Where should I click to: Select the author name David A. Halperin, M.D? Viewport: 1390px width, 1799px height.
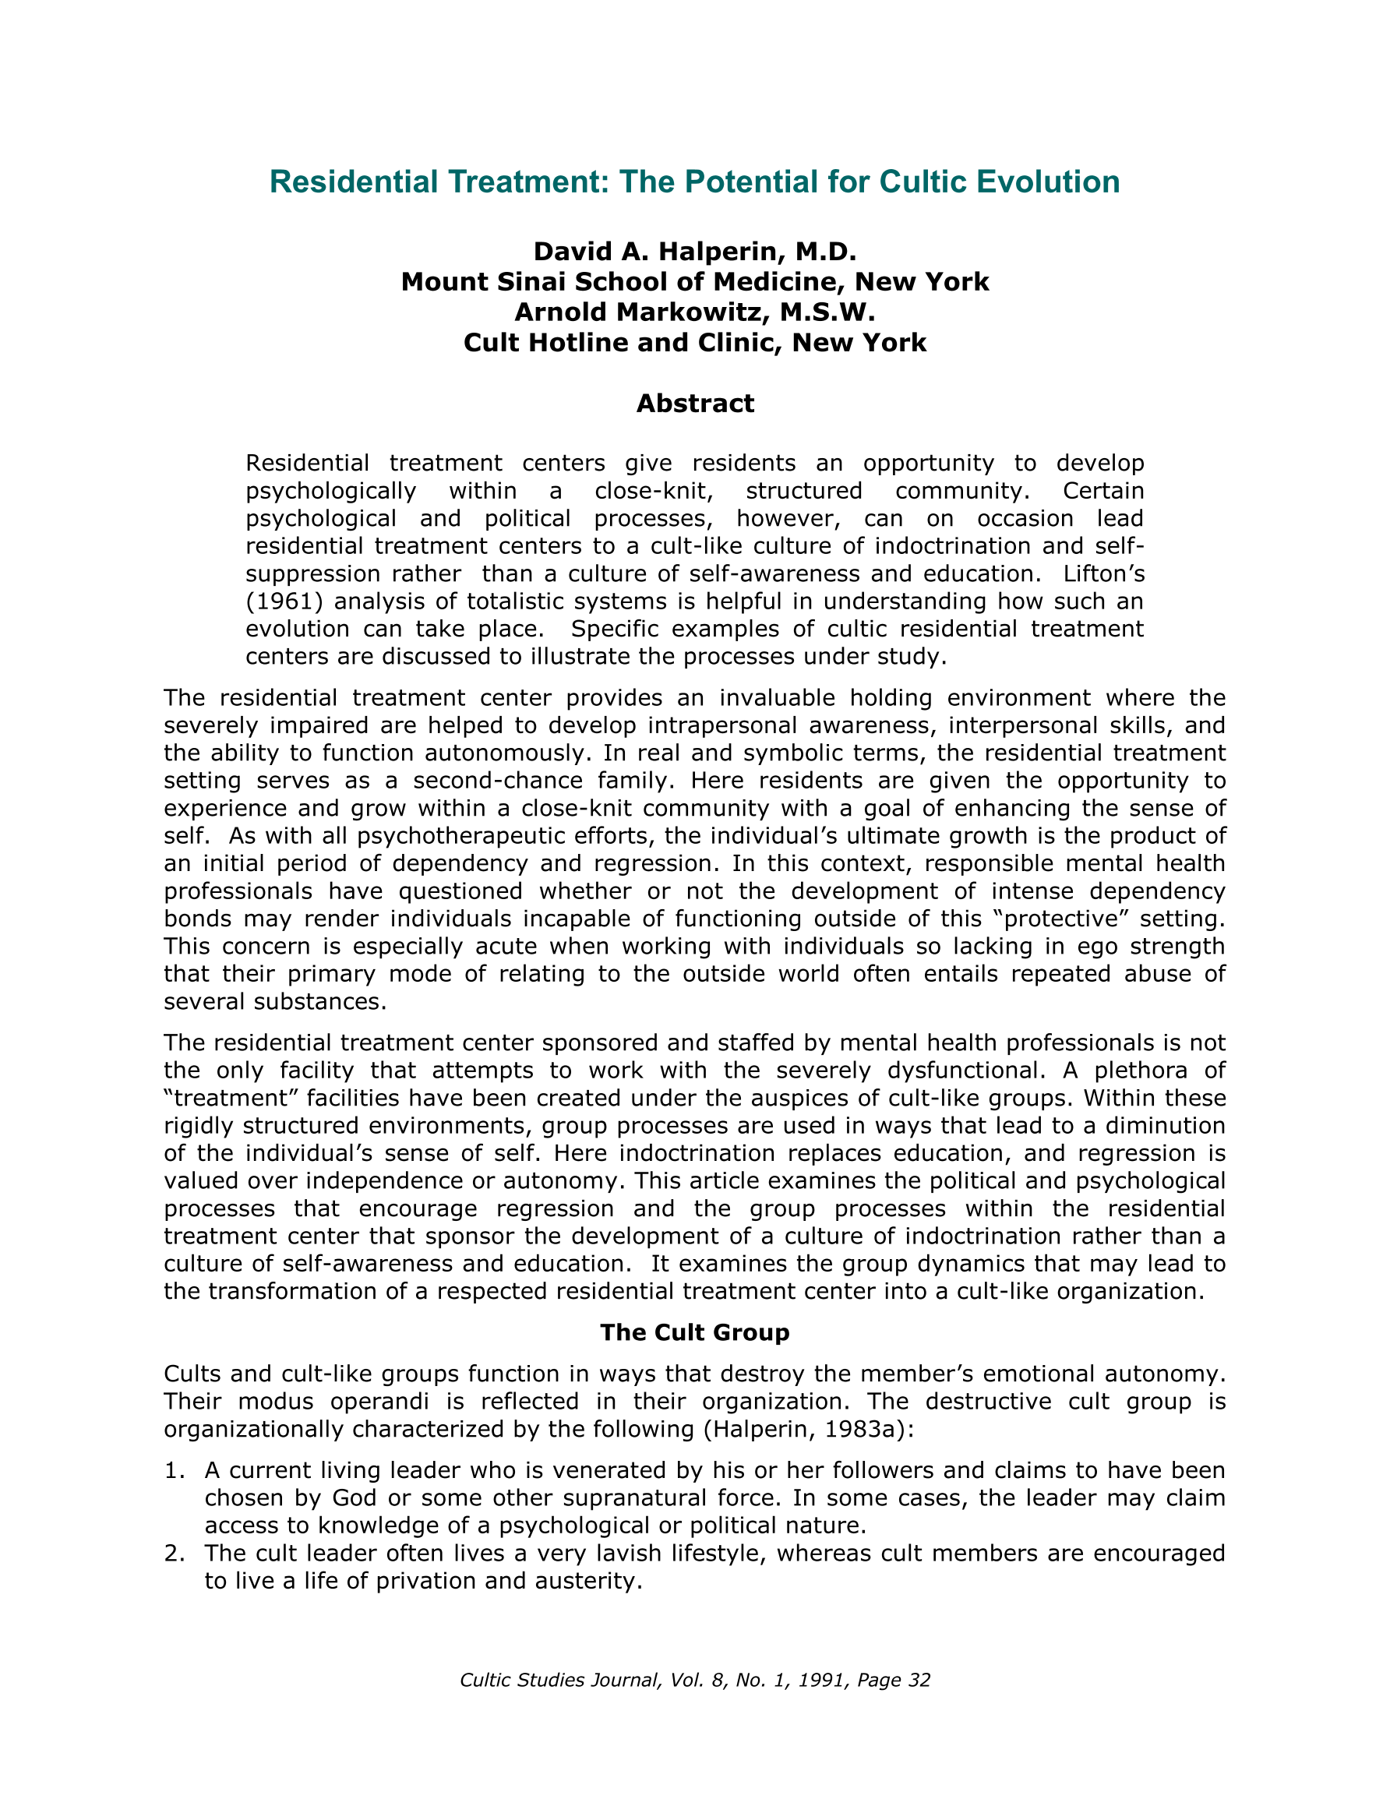click(694, 251)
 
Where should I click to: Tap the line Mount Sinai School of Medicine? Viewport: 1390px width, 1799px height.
click(694, 282)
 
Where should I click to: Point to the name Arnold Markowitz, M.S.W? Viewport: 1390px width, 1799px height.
click(694, 312)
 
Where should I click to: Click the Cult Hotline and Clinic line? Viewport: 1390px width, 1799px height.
click(694, 343)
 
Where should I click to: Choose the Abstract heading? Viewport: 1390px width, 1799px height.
click(694, 404)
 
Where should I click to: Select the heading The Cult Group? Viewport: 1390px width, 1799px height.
click(694, 1333)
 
